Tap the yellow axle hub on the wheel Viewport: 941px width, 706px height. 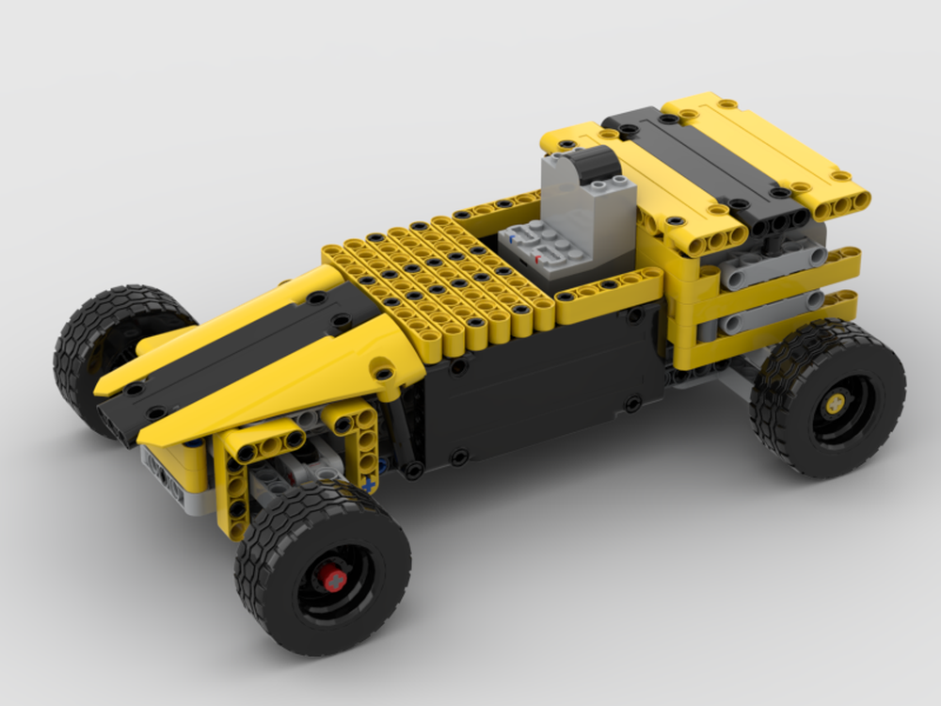tap(832, 399)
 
